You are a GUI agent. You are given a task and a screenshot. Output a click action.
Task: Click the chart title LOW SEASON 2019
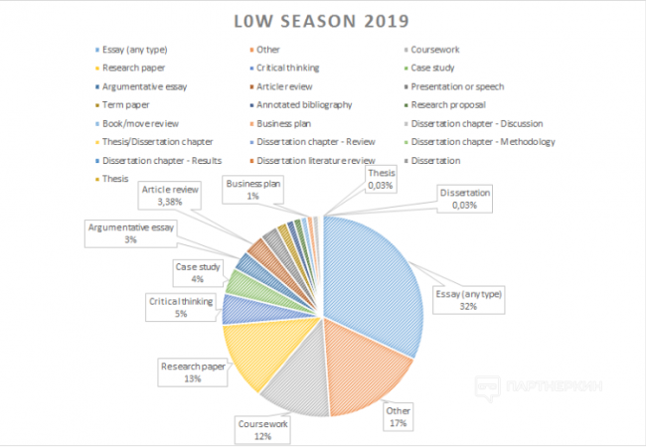tap(323, 20)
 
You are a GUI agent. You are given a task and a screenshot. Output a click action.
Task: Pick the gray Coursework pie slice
tap(293, 377)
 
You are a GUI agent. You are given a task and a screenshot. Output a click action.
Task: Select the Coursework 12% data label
tap(261, 428)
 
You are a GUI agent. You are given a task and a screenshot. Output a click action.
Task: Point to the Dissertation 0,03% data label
tap(466, 198)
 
